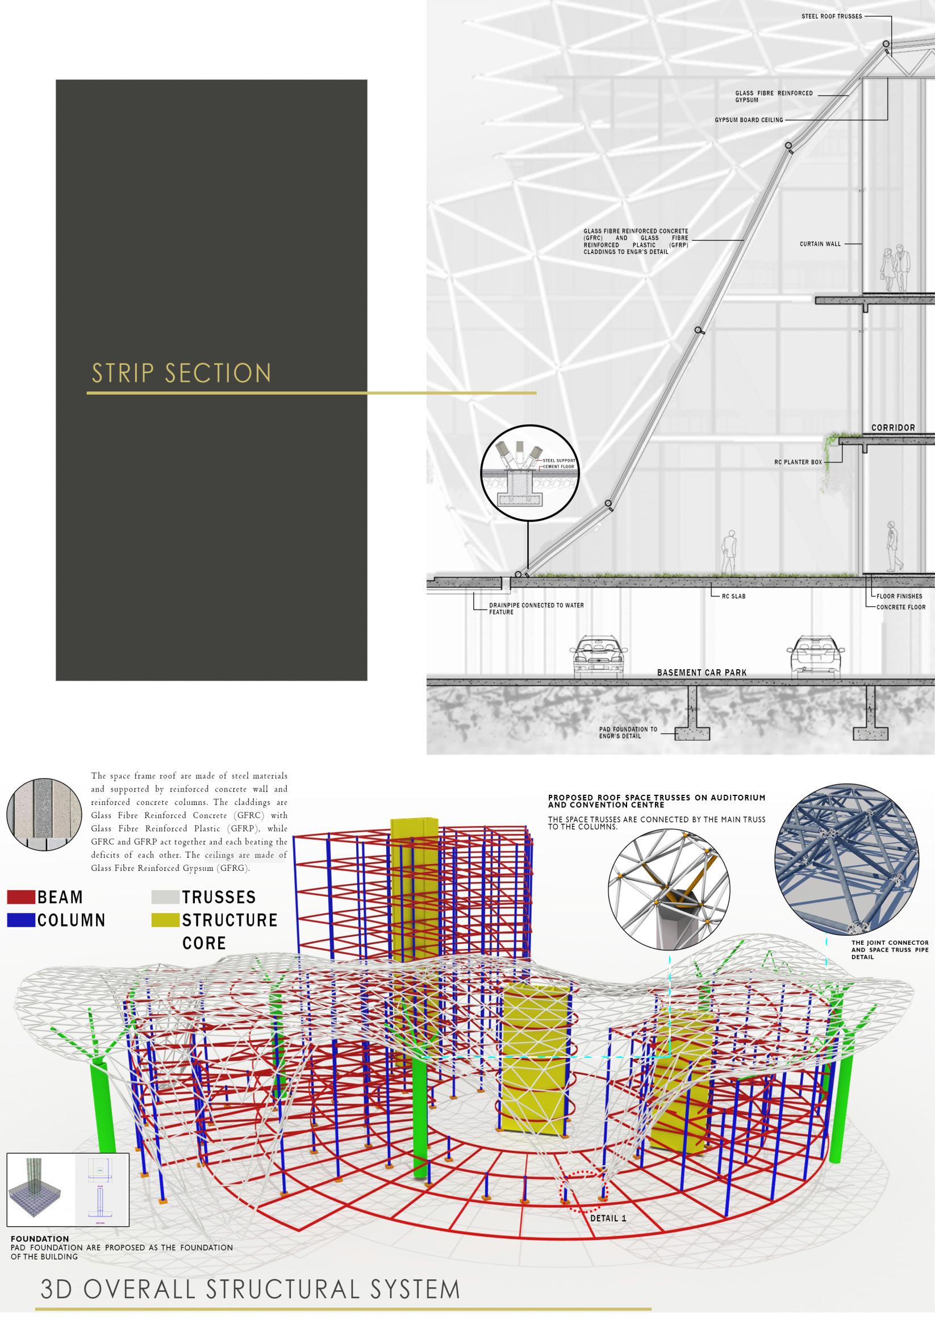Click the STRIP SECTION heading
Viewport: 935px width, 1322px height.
(x=181, y=373)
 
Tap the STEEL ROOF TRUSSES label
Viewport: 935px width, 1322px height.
(x=832, y=16)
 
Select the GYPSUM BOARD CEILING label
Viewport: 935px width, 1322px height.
(x=749, y=120)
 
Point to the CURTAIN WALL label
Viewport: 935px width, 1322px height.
(x=820, y=244)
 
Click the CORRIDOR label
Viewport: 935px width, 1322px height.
(x=893, y=428)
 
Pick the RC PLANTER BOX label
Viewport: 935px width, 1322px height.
(x=798, y=462)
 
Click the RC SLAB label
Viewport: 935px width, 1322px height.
(x=733, y=596)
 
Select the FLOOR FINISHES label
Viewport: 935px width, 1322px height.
(x=899, y=596)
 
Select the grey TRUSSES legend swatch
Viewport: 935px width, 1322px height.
(x=165, y=897)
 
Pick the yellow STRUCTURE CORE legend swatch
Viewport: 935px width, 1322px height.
(x=165, y=920)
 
